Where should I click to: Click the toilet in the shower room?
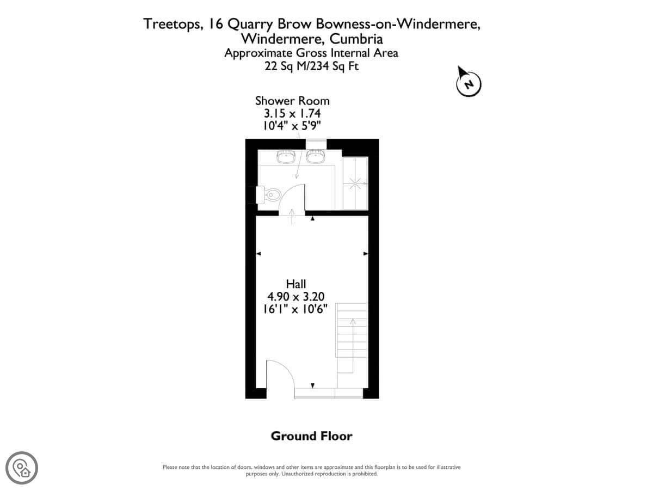(268, 195)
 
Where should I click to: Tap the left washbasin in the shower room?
(286, 156)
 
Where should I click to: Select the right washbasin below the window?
(316, 156)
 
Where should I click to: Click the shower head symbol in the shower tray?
(355, 183)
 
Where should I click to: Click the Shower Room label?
(292, 101)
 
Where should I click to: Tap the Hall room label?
(295, 284)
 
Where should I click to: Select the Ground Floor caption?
(311, 436)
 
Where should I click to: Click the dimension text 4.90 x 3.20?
(295, 297)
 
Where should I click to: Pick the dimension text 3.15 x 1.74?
(292, 113)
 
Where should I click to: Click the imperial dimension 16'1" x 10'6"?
(295, 309)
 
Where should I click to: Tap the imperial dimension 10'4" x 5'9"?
(292, 126)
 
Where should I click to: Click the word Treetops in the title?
(172, 24)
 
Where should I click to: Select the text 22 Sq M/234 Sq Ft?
(311, 66)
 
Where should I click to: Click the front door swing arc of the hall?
(284, 370)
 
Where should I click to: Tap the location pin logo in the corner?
(22, 468)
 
